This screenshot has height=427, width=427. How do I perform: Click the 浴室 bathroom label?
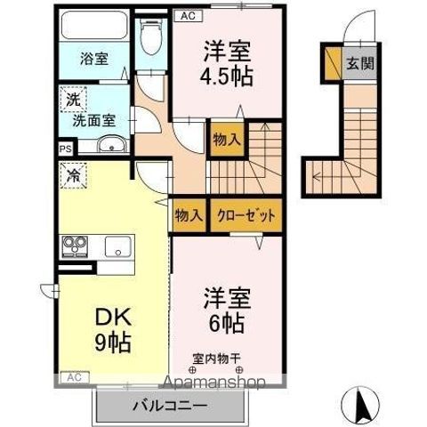[x=95, y=59]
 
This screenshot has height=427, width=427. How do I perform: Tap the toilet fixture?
[x=151, y=36]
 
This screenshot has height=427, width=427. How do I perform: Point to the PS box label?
[x=65, y=150]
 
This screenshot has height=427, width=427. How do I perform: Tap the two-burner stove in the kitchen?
[x=73, y=245]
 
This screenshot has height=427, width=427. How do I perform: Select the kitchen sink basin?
[x=117, y=246]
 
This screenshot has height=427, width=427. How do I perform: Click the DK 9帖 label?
[x=110, y=329]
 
